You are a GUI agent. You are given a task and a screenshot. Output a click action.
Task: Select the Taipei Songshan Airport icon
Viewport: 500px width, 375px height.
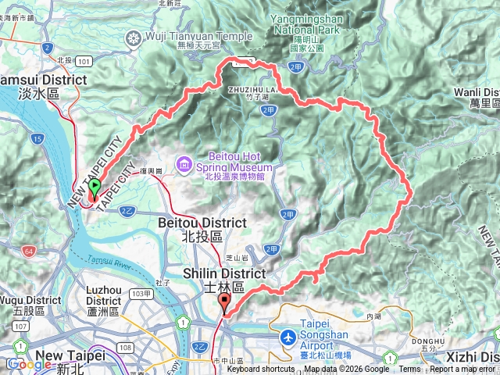289,337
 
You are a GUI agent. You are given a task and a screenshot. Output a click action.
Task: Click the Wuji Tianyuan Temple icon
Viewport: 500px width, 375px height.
136,37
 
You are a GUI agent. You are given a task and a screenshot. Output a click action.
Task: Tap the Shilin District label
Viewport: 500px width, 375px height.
215,279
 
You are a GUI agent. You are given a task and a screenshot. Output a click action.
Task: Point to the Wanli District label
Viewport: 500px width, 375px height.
476,97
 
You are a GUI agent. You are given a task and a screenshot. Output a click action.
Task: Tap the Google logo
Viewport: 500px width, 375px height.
30,364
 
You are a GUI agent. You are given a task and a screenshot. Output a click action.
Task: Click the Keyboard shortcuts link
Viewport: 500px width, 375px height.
261,370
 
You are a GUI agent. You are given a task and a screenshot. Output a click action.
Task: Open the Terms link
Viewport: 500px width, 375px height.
409,370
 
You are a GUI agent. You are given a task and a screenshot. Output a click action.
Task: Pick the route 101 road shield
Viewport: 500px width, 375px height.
84,59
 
